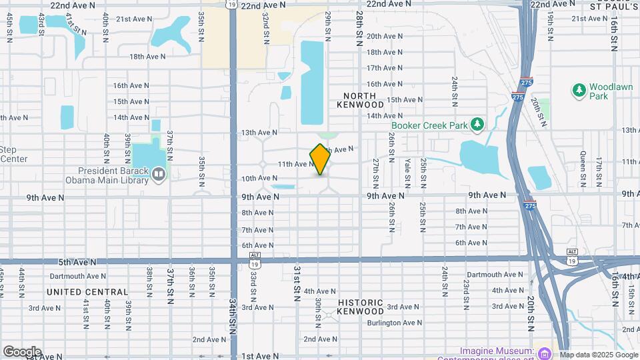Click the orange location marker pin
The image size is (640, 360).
[x=320, y=159]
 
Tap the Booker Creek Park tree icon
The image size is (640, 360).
[x=477, y=125]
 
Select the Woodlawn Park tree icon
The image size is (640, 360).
[x=579, y=89]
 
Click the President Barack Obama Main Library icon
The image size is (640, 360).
[x=159, y=175]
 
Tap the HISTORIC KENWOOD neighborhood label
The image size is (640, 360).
[x=360, y=307]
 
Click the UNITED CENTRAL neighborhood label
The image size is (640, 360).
[x=87, y=292]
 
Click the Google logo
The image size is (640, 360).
[x=22, y=352]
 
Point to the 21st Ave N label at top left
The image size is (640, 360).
[x=132, y=19]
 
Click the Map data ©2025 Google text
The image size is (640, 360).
[x=598, y=355]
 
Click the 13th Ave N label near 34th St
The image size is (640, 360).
[x=258, y=133]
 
